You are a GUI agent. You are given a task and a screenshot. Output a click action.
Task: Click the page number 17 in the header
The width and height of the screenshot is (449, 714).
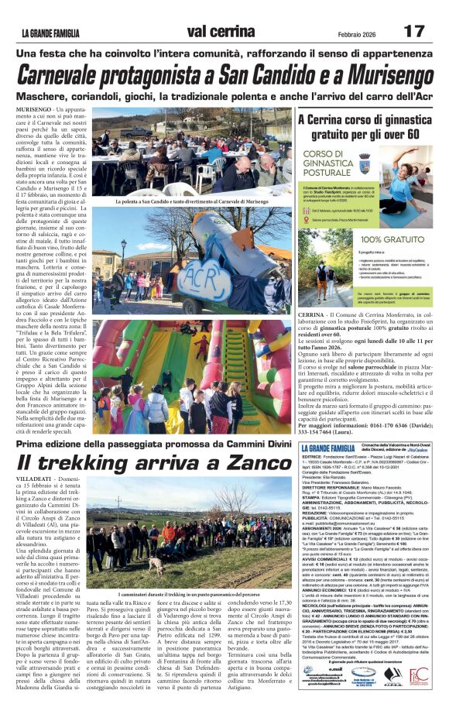click(414, 32)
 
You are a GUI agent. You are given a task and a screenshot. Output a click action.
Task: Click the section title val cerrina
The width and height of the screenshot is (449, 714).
click(224, 32)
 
